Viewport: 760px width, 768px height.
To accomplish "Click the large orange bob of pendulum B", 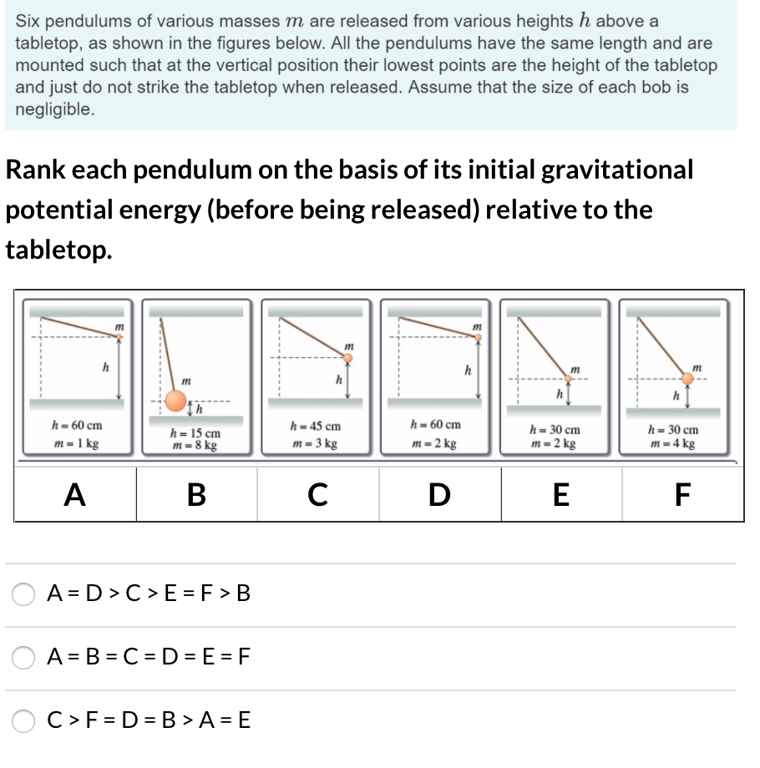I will point(175,400).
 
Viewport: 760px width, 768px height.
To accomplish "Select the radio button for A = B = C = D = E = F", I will point(23,657).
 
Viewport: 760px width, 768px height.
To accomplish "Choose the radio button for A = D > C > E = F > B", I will point(23,594).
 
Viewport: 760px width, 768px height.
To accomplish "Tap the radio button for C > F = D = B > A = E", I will point(23,720).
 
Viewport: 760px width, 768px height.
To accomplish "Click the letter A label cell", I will point(75,495).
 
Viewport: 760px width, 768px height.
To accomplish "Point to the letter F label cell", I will point(682,495).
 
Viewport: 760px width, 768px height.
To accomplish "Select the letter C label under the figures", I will point(317,495).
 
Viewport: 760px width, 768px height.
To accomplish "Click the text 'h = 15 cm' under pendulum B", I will point(195,433).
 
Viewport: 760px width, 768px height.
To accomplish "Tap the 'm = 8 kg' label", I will point(195,446).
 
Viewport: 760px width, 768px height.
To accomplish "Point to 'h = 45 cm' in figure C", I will point(315,427).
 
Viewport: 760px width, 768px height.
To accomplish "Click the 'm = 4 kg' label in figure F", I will point(673,442).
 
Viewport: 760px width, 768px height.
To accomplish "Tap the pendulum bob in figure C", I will point(348,358).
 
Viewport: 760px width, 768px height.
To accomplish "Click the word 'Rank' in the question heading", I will point(36,169).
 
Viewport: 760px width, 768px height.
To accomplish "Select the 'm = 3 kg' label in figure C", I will point(315,442).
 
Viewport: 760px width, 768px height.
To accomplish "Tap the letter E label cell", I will point(560,495).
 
